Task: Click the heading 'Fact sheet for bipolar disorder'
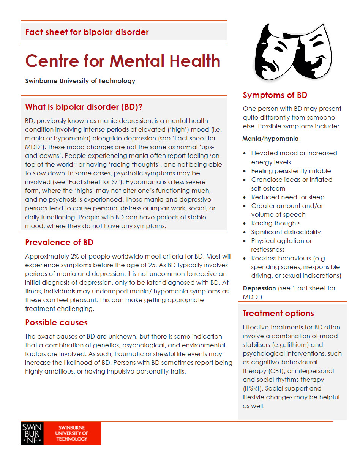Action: click(87, 32)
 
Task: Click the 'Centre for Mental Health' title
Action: click(123, 61)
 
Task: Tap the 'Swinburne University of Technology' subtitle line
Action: click(80, 81)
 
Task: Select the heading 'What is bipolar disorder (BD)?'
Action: click(84, 107)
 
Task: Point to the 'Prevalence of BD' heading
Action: click(59, 243)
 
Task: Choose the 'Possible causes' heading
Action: click(56, 323)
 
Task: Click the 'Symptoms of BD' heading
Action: click(275, 95)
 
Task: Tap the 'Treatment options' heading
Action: click(278, 314)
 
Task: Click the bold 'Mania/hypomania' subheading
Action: click(270, 139)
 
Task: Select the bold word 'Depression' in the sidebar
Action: click(259, 288)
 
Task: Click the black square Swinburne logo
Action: click(32, 433)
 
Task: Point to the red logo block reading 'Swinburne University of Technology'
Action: click(72, 433)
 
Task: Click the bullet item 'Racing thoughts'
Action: click(276, 223)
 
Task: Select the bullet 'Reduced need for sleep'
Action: click(287, 197)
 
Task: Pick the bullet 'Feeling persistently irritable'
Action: click(291, 171)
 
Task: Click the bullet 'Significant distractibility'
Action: click(286, 232)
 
